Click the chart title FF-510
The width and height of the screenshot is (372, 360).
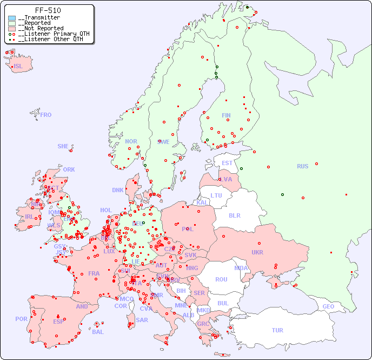tap(48, 10)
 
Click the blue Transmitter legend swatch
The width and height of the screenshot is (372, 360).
tap(12, 18)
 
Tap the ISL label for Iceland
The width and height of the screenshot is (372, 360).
tap(18, 67)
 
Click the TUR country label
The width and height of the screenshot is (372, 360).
tap(277, 330)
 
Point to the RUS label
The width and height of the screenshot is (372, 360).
tap(302, 166)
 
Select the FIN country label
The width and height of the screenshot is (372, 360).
tap(226, 115)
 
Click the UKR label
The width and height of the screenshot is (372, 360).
tap(257, 252)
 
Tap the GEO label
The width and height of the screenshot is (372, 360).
tap(328, 306)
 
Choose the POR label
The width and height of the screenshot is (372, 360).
tap(21, 319)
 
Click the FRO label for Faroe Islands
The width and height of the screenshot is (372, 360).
tap(46, 115)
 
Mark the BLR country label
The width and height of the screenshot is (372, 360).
tap(235, 215)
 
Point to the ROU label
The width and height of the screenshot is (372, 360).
tap(221, 279)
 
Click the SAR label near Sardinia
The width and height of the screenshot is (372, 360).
tap(142, 320)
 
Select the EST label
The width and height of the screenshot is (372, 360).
tap(227, 163)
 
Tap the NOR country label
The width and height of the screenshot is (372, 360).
tap(131, 141)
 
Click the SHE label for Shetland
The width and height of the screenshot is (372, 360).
tap(63, 146)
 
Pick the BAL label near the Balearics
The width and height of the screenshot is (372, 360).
tap(98, 332)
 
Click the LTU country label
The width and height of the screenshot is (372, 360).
tap(216, 195)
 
